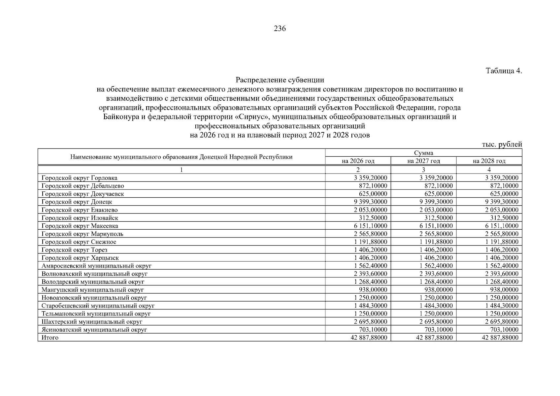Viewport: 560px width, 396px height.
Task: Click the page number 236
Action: tap(280, 29)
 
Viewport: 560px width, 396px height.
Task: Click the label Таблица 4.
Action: tap(504, 71)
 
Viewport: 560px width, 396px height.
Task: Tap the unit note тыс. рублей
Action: tap(502, 144)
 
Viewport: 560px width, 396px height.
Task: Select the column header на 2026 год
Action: tap(358, 161)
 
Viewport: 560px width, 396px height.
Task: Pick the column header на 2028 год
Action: tap(489, 161)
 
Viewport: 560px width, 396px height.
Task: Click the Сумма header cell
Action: tap(423, 153)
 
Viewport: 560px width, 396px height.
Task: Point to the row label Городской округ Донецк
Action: tap(77, 202)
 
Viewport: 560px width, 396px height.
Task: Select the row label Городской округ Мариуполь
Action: tap(82, 234)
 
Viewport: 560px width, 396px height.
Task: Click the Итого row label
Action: tap(50, 338)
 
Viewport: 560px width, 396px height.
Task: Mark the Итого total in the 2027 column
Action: tap(434, 338)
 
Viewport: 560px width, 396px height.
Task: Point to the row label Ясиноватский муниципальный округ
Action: tap(94, 330)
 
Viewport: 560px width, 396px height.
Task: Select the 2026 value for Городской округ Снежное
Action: tap(370, 242)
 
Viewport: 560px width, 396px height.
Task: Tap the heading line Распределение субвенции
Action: tap(280, 80)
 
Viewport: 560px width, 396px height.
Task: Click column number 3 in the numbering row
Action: tap(423, 170)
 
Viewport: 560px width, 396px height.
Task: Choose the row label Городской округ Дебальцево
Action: tap(83, 186)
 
